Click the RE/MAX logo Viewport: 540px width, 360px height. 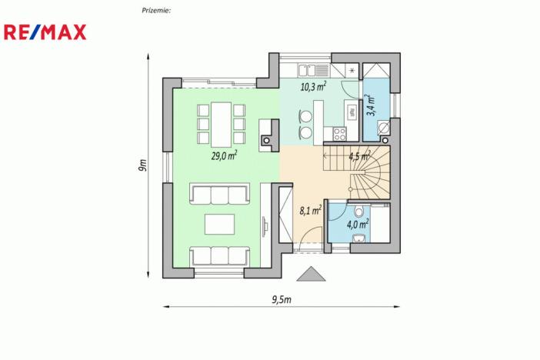click(45, 32)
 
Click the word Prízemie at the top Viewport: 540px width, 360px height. click(156, 10)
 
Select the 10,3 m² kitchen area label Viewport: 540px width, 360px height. click(313, 87)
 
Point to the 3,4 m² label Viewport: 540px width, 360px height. click(371, 105)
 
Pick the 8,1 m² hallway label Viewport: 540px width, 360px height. click(310, 209)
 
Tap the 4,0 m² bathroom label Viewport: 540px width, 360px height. click(358, 225)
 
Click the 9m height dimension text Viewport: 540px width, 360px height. click(143, 167)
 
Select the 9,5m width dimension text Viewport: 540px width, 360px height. click(282, 299)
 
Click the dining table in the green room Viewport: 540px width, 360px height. click(222, 123)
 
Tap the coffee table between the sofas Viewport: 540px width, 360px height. click(220, 224)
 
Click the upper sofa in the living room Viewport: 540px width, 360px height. click(220, 194)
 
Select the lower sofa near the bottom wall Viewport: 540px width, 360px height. click(220, 255)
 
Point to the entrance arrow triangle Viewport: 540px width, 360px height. click(310, 274)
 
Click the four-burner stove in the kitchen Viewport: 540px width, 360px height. click(339, 134)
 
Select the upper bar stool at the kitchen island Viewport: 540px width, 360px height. click(305, 117)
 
